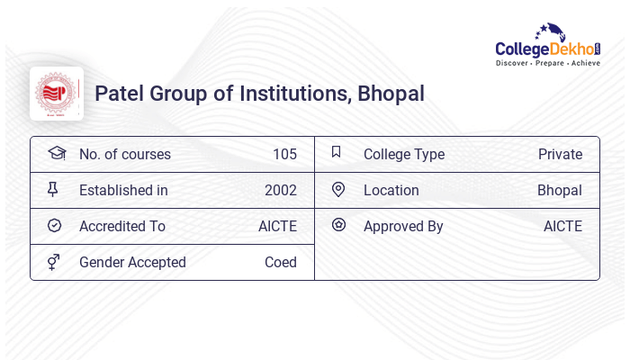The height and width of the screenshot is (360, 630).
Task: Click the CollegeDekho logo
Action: click(x=547, y=46)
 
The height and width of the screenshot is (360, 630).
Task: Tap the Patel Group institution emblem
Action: click(x=57, y=94)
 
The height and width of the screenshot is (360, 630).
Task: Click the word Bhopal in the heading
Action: click(x=391, y=94)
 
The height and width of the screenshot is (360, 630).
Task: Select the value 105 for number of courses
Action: click(x=284, y=154)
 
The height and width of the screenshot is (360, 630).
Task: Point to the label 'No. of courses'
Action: click(x=125, y=154)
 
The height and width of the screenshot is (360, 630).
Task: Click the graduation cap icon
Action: click(x=56, y=153)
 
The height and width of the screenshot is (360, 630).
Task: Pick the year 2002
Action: click(x=281, y=190)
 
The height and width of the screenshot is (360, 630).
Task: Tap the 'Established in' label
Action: click(x=123, y=190)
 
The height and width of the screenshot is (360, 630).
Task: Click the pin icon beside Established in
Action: click(x=53, y=189)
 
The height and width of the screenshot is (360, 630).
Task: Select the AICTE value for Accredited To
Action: click(x=277, y=226)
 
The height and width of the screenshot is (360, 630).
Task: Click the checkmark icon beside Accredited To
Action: click(x=54, y=226)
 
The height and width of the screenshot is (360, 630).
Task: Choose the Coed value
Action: click(x=281, y=262)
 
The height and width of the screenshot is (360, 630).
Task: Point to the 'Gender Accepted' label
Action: click(x=132, y=262)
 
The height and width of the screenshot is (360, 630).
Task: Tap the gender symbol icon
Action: click(x=54, y=262)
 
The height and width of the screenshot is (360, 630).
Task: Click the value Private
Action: click(x=560, y=154)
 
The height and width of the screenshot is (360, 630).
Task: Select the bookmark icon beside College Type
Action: click(x=337, y=152)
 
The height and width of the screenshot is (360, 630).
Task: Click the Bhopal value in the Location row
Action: click(x=560, y=190)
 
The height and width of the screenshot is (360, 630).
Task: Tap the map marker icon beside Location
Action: click(x=338, y=189)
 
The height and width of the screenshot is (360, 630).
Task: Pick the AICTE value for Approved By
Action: click(x=562, y=226)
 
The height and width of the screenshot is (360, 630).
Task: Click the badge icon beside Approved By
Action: click(x=338, y=225)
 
